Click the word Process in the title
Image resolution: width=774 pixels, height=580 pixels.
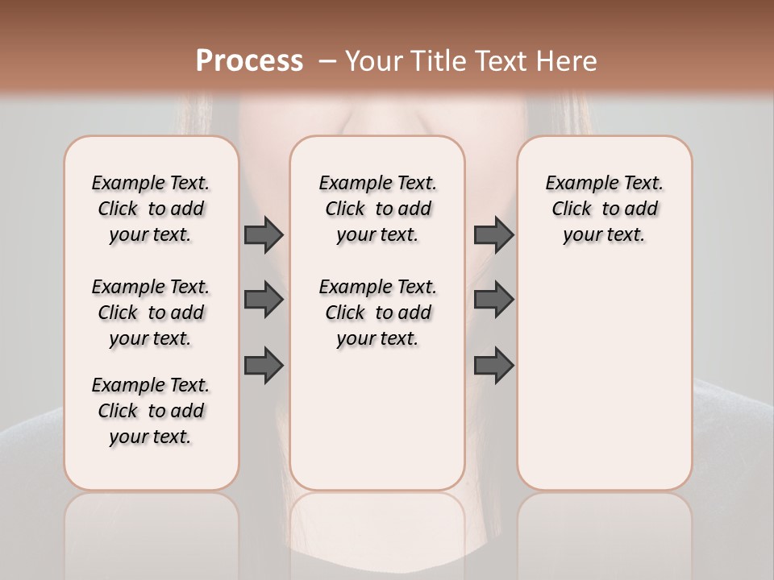click(x=249, y=60)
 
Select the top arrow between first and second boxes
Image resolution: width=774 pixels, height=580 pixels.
click(x=264, y=234)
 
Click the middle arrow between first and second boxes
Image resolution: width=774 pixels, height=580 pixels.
click(x=264, y=300)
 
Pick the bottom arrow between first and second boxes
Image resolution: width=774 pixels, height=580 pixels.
click(x=264, y=366)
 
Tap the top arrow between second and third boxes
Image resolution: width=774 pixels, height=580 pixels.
click(x=493, y=234)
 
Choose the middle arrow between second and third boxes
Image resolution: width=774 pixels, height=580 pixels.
click(x=493, y=300)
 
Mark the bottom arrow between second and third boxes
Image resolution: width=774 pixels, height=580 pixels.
click(x=493, y=366)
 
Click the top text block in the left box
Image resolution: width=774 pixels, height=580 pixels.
click(x=151, y=209)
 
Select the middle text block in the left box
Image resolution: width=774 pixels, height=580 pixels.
click(x=151, y=313)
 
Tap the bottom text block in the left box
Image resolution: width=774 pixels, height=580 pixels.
click(x=151, y=411)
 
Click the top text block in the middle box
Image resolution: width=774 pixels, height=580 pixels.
click(x=377, y=209)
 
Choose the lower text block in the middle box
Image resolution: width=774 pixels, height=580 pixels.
click(x=377, y=313)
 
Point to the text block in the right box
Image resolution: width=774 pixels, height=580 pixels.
click(x=604, y=209)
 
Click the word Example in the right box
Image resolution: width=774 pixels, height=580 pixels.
click(x=575, y=184)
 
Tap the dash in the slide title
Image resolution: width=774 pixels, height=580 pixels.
click(x=328, y=60)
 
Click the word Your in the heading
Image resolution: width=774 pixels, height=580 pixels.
click(x=375, y=60)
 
